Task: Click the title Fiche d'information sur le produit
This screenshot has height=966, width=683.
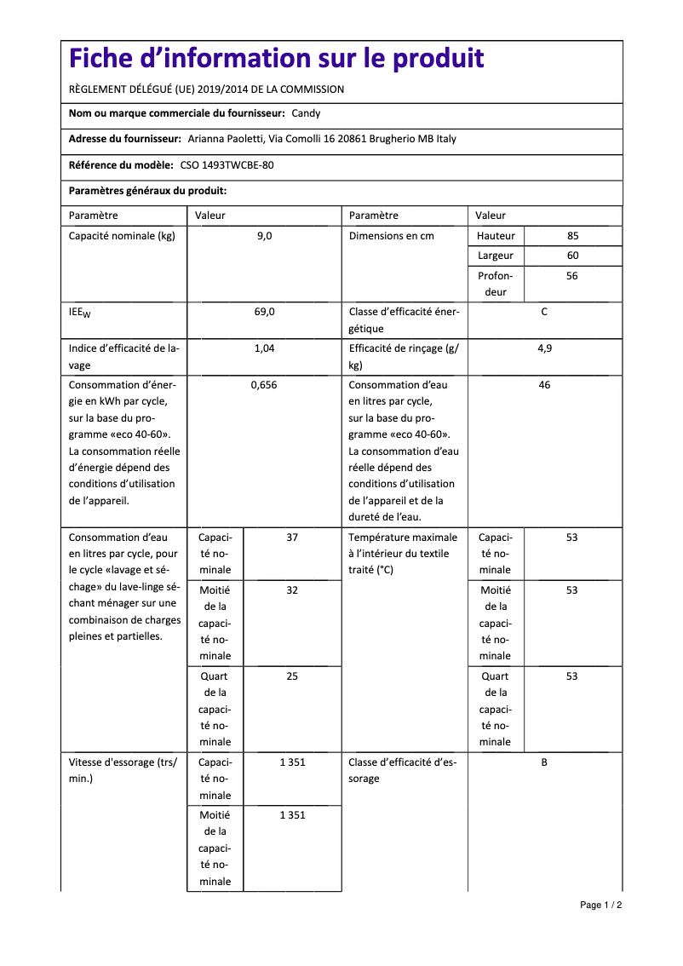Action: pyautogui.click(x=276, y=59)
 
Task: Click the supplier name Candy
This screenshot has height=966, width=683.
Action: pyautogui.click(x=306, y=113)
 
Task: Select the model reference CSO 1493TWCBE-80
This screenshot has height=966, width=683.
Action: pyautogui.click(x=227, y=166)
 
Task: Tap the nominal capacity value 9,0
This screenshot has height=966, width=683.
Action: pyautogui.click(x=264, y=236)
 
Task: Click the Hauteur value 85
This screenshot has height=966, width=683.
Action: pyautogui.click(x=572, y=236)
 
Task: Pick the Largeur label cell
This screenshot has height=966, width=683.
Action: pyautogui.click(x=496, y=256)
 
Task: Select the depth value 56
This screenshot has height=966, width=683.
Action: pyautogui.click(x=572, y=276)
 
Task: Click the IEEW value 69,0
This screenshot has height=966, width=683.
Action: pyautogui.click(x=264, y=312)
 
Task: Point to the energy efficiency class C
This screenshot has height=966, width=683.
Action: pyautogui.click(x=544, y=312)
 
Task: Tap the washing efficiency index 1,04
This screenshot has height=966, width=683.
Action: pyautogui.click(x=264, y=348)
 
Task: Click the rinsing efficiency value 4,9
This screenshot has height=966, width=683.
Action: pyautogui.click(x=544, y=348)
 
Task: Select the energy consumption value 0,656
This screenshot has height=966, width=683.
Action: pyautogui.click(x=264, y=385)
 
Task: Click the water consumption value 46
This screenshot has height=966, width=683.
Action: pyautogui.click(x=544, y=385)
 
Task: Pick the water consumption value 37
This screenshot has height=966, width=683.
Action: pyautogui.click(x=292, y=538)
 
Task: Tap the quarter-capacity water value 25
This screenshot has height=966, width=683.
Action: pyautogui.click(x=292, y=676)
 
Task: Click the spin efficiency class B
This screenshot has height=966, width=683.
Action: pyautogui.click(x=544, y=762)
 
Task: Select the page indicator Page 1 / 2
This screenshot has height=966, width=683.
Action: pyautogui.click(x=600, y=905)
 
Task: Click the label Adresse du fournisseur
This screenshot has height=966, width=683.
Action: pyautogui.click(x=124, y=140)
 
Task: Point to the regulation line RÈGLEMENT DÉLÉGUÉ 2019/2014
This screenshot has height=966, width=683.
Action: pyautogui.click(x=206, y=89)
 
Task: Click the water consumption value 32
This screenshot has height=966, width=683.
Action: pyautogui.click(x=292, y=590)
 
